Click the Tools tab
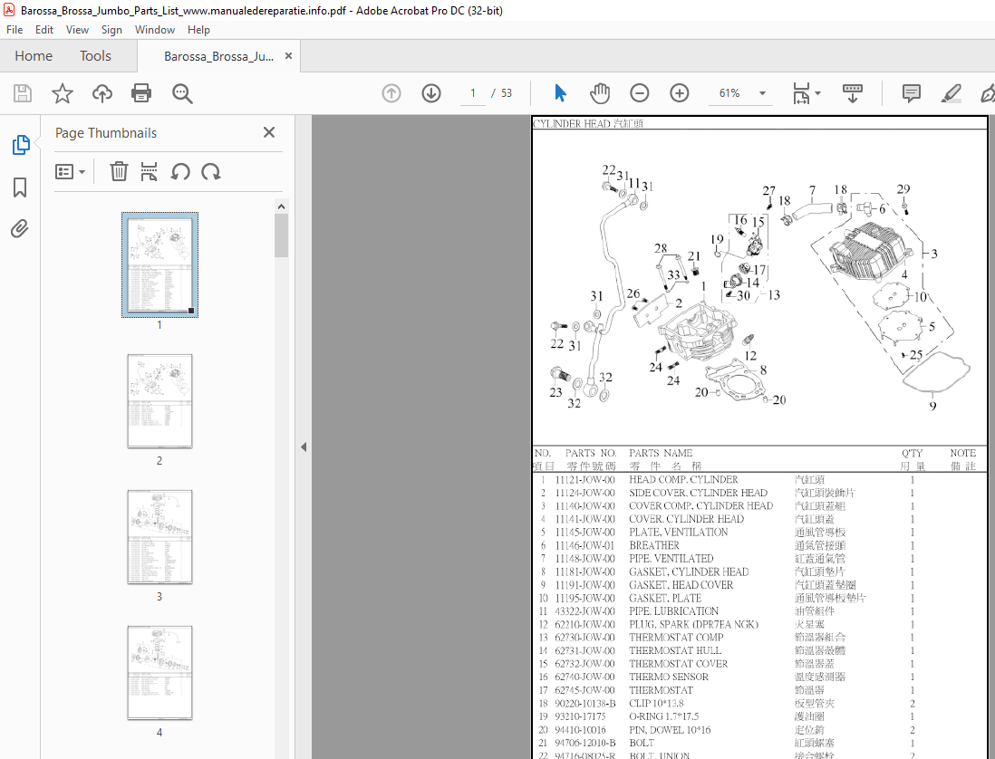click(x=95, y=56)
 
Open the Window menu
click(x=155, y=30)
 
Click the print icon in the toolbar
click(x=141, y=93)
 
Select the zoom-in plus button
click(x=680, y=93)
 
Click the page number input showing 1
click(x=472, y=93)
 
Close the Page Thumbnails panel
click(x=269, y=133)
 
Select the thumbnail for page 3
click(x=159, y=536)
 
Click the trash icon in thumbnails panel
click(x=119, y=172)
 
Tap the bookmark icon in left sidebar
click(x=20, y=187)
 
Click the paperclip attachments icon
click(x=20, y=228)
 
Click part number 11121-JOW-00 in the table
click(x=584, y=480)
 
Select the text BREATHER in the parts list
click(x=654, y=545)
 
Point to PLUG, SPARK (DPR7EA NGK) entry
click(x=693, y=624)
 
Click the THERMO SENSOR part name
click(x=669, y=677)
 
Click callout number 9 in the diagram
click(x=932, y=406)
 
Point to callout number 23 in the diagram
click(x=555, y=392)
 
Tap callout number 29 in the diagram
click(x=903, y=189)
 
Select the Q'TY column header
click(x=912, y=453)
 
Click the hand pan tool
click(x=600, y=93)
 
